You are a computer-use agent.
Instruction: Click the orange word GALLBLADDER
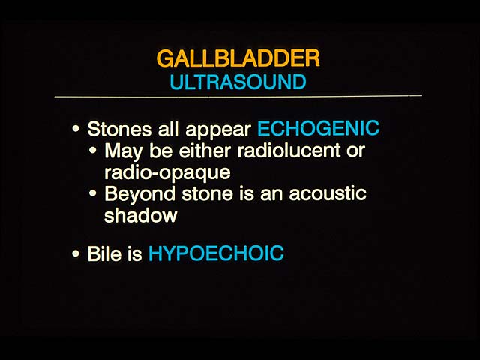[x=238, y=58]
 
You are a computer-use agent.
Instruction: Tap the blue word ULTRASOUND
[x=238, y=82]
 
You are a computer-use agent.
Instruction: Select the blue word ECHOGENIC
[x=318, y=128]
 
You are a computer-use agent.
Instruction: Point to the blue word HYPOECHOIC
[x=216, y=253]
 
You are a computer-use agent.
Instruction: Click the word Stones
[x=119, y=129]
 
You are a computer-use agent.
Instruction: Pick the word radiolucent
[x=289, y=151]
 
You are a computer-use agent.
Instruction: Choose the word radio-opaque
[x=167, y=173]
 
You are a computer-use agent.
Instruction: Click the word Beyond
[x=140, y=195]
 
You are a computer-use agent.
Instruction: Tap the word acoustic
[x=328, y=193]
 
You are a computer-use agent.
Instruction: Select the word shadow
[x=141, y=215]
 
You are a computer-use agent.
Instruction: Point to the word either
[x=205, y=151]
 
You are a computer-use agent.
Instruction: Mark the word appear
[x=218, y=130]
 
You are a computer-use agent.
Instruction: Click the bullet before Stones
[x=76, y=128]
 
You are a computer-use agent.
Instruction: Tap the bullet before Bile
[x=76, y=253]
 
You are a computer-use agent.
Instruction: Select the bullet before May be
[x=93, y=151]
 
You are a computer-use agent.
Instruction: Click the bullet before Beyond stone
[x=93, y=193]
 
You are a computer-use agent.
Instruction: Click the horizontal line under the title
[x=238, y=96]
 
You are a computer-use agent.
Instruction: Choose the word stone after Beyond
[x=207, y=193]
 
